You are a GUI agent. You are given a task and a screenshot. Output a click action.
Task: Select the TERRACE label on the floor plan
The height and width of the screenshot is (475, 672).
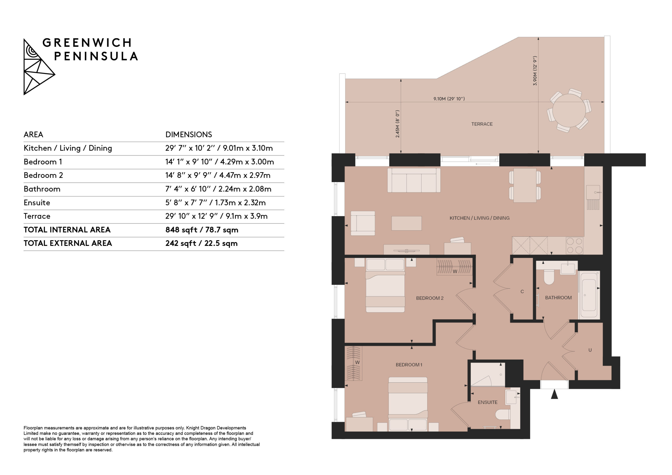pyautogui.click(x=482, y=124)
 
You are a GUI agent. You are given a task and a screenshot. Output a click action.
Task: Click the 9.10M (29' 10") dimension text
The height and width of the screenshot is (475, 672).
pyautogui.click(x=449, y=99)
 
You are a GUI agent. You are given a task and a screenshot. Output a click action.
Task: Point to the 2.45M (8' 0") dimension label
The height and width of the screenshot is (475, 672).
pyautogui.click(x=397, y=124)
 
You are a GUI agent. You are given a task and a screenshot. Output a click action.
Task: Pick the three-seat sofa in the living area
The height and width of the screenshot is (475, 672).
pyautogui.click(x=414, y=180)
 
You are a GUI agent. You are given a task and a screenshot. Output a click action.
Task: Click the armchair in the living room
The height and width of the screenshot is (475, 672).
pyautogui.click(x=363, y=223)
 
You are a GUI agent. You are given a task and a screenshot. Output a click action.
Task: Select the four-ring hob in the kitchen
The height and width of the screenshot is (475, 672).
pyautogui.click(x=575, y=245)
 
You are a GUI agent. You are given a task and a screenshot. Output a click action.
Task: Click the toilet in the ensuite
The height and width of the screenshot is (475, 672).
pyautogui.click(x=503, y=414)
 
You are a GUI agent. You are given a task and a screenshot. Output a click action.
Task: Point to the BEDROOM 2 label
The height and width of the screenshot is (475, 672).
pyautogui.click(x=430, y=298)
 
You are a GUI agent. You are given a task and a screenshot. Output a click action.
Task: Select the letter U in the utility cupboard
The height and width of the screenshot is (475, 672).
pyautogui.click(x=590, y=350)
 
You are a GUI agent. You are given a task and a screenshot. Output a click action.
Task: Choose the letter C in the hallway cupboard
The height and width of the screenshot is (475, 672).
pyautogui.click(x=522, y=292)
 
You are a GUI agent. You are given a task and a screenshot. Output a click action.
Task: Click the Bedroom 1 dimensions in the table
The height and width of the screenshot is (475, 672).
pyautogui.click(x=219, y=162)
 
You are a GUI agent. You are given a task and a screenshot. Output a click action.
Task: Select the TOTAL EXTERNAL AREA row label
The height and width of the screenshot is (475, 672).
pyautogui.click(x=68, y=243)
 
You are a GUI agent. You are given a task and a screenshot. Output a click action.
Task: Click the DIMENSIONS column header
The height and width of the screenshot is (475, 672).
pyautogui.click(x=188, y=135)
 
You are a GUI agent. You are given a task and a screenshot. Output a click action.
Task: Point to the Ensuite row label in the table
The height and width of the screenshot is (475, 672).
pyautogui.click(x=37, y=203)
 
